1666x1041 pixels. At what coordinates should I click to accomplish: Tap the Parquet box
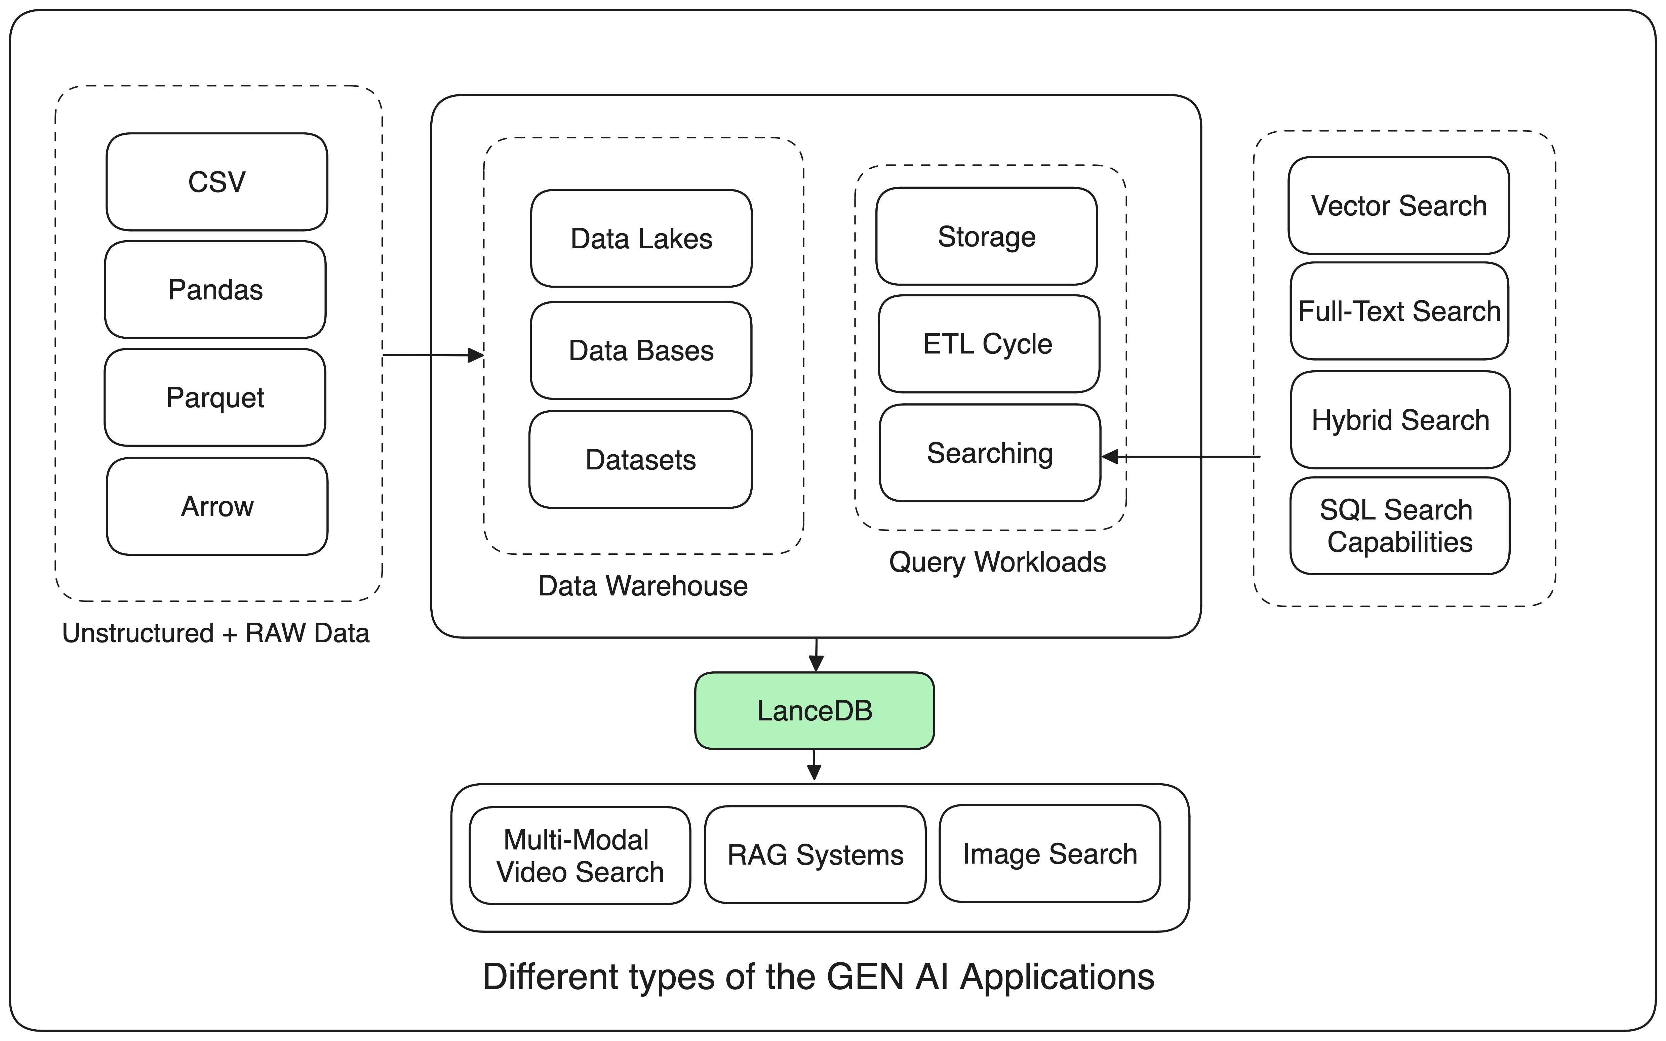pos(215,397)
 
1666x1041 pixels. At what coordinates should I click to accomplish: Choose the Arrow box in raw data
pos(217,506)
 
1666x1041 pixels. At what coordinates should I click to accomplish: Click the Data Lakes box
pos(641,238)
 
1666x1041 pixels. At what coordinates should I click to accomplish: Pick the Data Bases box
pos(641,350)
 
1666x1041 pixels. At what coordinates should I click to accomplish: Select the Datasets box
pos(640,459)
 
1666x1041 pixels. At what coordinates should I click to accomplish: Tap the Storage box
pos(986,236)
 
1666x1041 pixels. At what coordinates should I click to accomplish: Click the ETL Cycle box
pos(988,343)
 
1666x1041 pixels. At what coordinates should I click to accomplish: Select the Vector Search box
pos(1399,205)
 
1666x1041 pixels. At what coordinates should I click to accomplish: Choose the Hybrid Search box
pos(1400,419)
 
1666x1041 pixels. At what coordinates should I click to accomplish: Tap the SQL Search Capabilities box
pos(1399,525)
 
